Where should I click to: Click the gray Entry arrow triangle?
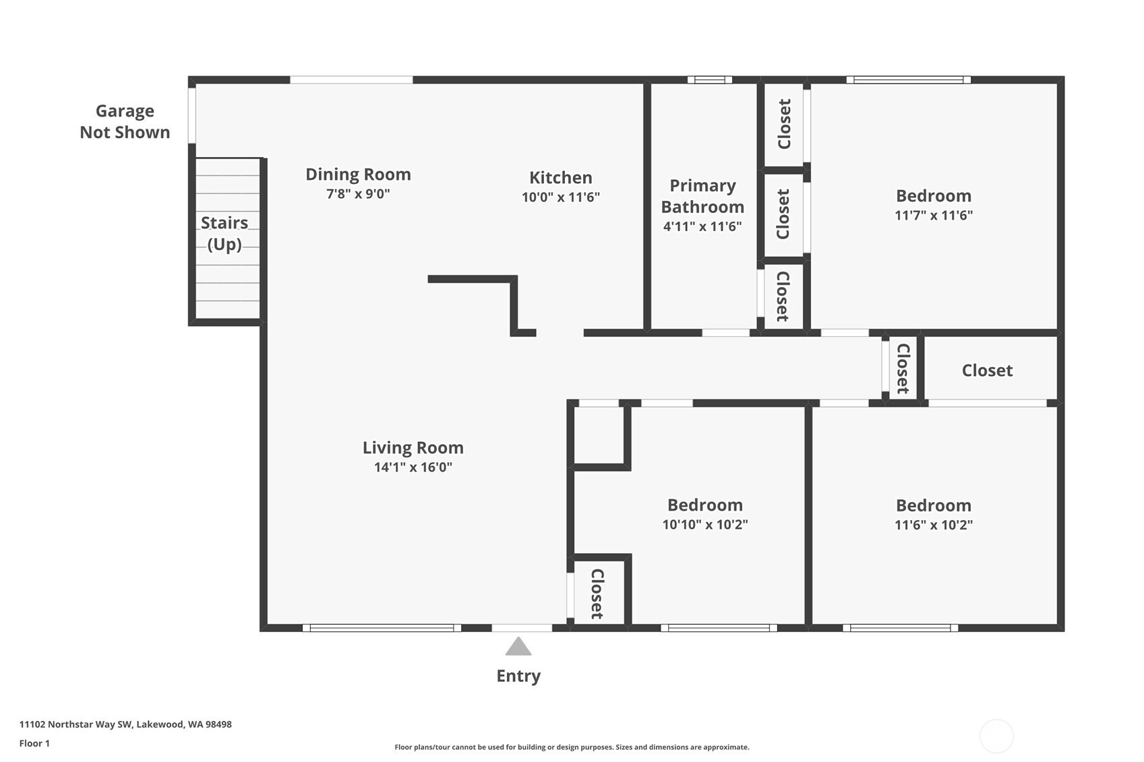click(x=518, y=647)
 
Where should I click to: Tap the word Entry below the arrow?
click(x=518, y=676)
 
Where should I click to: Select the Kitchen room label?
click(x=561, y=178)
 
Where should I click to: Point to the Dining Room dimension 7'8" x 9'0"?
click(x=358, y=194)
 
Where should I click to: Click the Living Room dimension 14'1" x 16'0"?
click(x=413, y=467)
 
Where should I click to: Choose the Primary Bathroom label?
click(x=702, y=196)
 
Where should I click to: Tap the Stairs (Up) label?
click(x=224, y=233)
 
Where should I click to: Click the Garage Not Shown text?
click(x=125, y=121)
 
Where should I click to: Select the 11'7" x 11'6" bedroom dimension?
click(x=934, y=215)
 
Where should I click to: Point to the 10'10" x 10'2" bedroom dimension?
click(x=705, y=525)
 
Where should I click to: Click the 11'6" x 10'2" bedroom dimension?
click(x=934, y=525)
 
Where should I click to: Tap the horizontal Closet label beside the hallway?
click(x=987, y=371)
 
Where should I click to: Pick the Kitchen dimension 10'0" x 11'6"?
click(x=561, y=197)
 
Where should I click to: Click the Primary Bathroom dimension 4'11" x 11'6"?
click(x=702, y=226)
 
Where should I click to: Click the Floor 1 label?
click(x=35, y=744)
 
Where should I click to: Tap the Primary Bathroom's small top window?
click(x=710, y=80)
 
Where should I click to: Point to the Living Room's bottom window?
click(x=382, y=628)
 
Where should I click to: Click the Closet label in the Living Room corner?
click(x=597, y=594)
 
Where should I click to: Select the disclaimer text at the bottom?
click(x=572, y=747)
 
